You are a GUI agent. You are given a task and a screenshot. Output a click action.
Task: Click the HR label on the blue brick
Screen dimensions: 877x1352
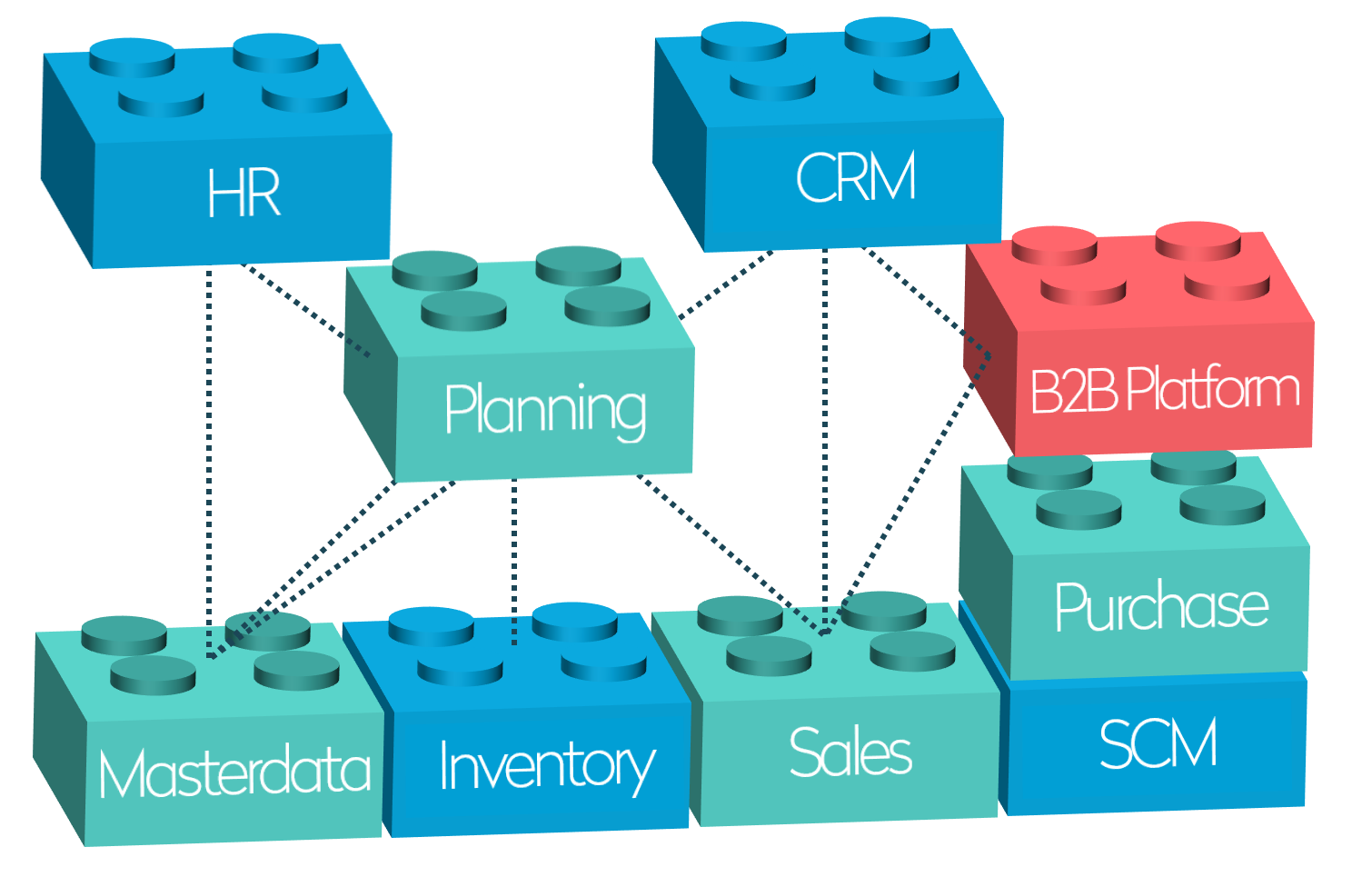tap(244, 192)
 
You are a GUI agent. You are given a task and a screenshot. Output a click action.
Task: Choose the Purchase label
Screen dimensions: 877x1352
tap(1161, 606)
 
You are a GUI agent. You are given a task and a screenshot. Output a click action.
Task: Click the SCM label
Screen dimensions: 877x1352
tap(1158, 743)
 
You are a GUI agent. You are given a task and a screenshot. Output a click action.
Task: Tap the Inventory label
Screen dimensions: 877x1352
tap(546, 765)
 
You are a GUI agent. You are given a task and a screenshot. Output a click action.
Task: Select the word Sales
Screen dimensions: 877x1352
tap(850, 752)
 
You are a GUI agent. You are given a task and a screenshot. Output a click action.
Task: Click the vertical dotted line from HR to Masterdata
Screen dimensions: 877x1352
tap(209, 454)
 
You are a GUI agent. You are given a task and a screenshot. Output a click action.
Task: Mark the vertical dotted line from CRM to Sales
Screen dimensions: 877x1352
tap(825, 436)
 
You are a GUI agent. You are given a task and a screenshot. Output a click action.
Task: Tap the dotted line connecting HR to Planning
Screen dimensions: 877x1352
tap(304, 309)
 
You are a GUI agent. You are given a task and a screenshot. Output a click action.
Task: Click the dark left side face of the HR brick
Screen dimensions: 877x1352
tap(68, 191)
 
